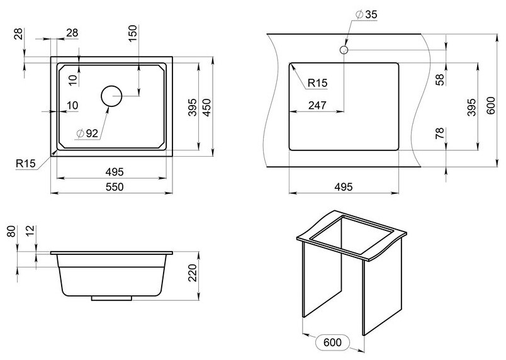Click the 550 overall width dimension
click(114, 186)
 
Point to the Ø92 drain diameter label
click(87, 133)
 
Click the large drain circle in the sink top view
click(112, 96)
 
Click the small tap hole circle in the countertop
click(344, 49)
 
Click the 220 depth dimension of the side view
click(193, 273)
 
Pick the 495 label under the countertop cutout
click(343, 187)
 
